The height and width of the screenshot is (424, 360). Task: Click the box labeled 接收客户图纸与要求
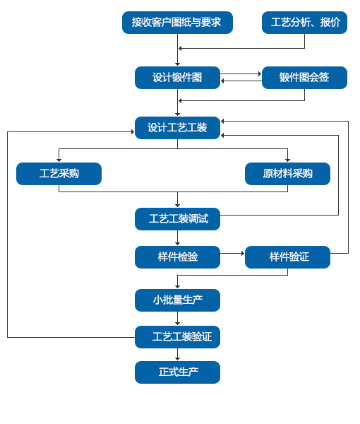tap(177, 23)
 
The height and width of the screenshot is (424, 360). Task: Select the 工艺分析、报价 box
tap(304, 23)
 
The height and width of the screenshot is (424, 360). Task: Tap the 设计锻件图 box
tap(177, 78)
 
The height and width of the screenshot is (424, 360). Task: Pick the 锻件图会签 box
tap(304, 78)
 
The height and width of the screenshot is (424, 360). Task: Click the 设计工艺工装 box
tap(177, 128)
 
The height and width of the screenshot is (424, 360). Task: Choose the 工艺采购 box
tap(59, 174)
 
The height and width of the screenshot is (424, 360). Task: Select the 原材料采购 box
tap(287, 174)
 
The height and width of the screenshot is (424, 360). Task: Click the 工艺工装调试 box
tap(177, 219)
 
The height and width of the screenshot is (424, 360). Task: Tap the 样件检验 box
tap(177, 257)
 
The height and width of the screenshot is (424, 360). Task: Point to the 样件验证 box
tap(287, 257)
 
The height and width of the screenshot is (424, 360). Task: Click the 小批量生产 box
tap(177, 300)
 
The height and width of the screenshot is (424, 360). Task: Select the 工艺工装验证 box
tap(177, 337)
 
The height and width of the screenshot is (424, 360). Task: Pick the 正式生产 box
tap(177, 372)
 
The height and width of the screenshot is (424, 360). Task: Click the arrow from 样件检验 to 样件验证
tap(232, 254)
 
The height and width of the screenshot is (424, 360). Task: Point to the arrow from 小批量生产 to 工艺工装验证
tap(177, 319)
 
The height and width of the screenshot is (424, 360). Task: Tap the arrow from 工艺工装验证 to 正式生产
tap(177, 355)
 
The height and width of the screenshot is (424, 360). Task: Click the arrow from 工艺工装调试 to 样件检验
tap(177, 238)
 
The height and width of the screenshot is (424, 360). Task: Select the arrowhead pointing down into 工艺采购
tap(59, 160)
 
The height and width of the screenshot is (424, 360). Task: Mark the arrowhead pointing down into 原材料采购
tap(287, 160)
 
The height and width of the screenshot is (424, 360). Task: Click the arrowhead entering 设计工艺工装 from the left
tap(133, 131)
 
